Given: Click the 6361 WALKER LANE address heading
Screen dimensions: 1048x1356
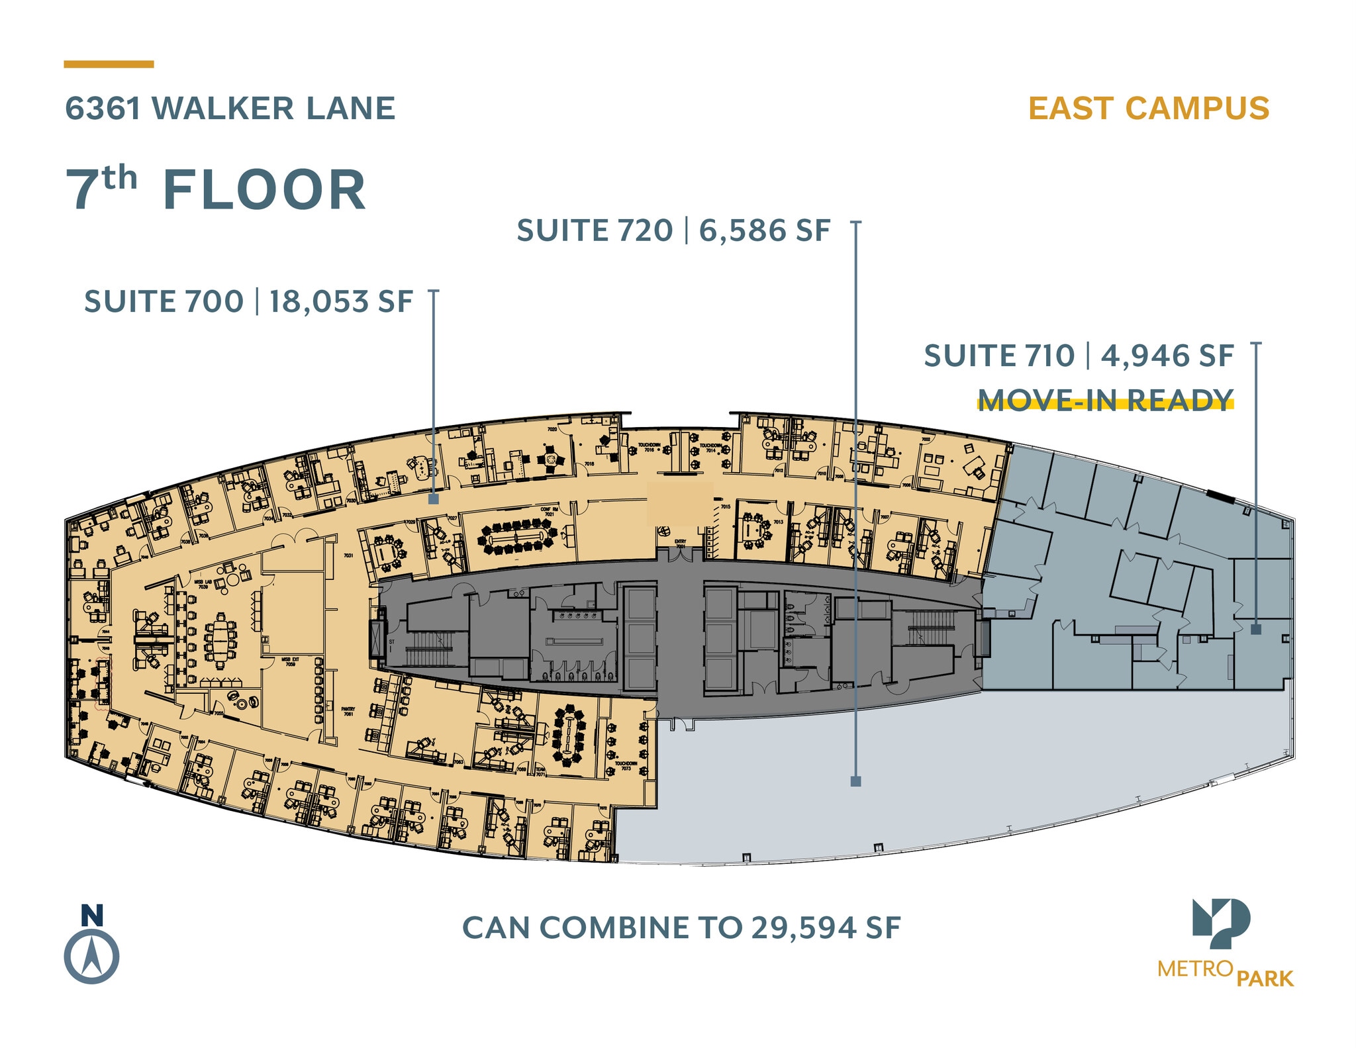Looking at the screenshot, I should [230, 109].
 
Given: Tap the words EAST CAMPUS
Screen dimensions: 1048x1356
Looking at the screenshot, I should [1148, 109].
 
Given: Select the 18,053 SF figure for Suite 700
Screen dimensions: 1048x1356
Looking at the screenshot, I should [340, 302].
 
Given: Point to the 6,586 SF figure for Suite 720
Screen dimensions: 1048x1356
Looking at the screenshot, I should [764, 231].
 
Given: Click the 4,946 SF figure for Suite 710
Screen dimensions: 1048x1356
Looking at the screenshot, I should [1167, 356].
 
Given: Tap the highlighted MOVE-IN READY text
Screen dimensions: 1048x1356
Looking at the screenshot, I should [1105, 400].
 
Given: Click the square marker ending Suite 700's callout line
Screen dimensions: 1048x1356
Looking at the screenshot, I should [434, 499].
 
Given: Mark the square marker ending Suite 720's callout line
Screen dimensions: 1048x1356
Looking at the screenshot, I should [855, 781].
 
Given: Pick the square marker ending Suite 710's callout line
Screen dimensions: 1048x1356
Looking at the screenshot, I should [1256, 630].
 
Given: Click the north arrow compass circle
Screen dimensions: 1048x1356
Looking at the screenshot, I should [91, 957].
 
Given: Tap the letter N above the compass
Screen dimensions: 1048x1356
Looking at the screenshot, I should [92, 915].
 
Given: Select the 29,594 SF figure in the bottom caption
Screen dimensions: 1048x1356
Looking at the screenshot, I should [826, 928].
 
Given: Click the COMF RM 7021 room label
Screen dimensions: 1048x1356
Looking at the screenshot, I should [549, 512].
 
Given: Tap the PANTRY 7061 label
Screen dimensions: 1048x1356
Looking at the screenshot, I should [348, 711].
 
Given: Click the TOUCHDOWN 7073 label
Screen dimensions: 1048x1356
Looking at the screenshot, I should [626, 766].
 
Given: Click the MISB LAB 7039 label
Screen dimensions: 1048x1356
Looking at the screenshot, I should [203, 584].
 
